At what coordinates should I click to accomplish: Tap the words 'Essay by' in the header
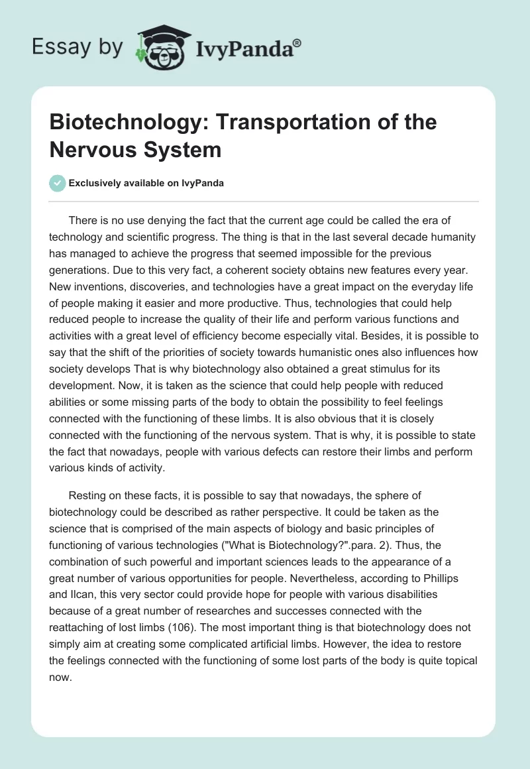click(78, 47)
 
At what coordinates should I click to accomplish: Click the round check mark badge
click(58, 183)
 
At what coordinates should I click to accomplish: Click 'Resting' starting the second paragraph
click(89, 495)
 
